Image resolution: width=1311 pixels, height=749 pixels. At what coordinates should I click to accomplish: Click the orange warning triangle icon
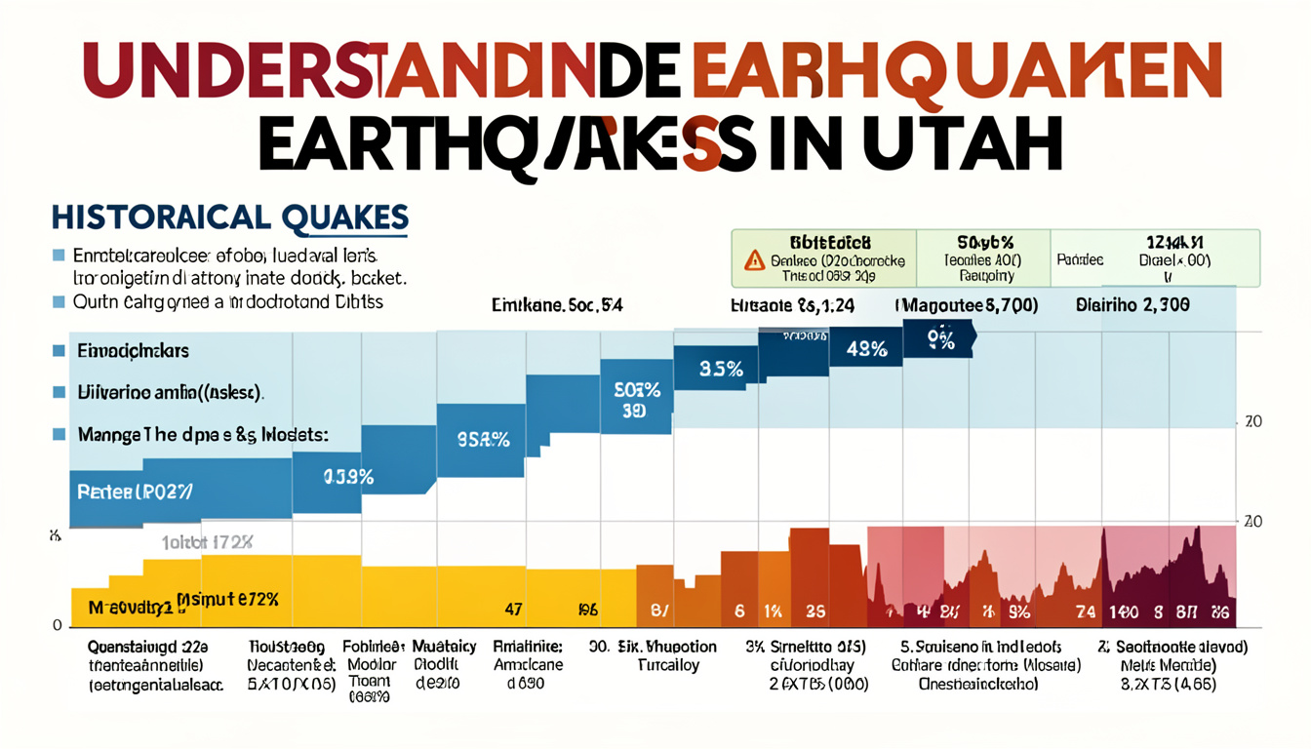pyautogui.click(x=754, y=260)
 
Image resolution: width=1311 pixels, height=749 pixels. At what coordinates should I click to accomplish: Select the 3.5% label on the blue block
pyautogui.click(x=722, y=369)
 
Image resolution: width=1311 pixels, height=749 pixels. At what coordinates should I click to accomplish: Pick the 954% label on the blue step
pyautogui.click(x=483, y=439)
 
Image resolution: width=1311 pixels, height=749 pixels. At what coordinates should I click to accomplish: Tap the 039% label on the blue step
pyautogui.click(x=348, y=477)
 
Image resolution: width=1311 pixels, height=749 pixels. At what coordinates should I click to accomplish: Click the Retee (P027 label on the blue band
pyautogui.click(x=134, y=492)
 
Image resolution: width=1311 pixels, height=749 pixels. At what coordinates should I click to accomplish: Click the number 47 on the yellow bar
pyautogui.click(x=513, y=611)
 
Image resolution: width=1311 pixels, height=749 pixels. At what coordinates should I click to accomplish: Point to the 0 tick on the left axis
pyautogui.click(x=58, y=625)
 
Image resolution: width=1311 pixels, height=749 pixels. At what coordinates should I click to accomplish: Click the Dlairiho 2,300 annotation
pyautogui.click(x=1132, y=305)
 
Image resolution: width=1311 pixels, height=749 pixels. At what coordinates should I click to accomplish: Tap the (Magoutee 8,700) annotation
pyautogui.click(x=967, y=305)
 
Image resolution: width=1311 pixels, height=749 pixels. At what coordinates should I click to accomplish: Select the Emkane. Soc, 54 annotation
pyautogui.click(x=557, y=305)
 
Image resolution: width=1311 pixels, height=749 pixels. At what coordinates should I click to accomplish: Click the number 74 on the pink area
pyautogui.click(x=1085, y=612)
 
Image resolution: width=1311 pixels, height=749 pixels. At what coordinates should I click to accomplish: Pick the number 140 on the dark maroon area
pyautogui.click(x=1125, y=612)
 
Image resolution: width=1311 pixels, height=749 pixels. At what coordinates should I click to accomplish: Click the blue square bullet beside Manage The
pyautogui.click(x=59, y=434)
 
